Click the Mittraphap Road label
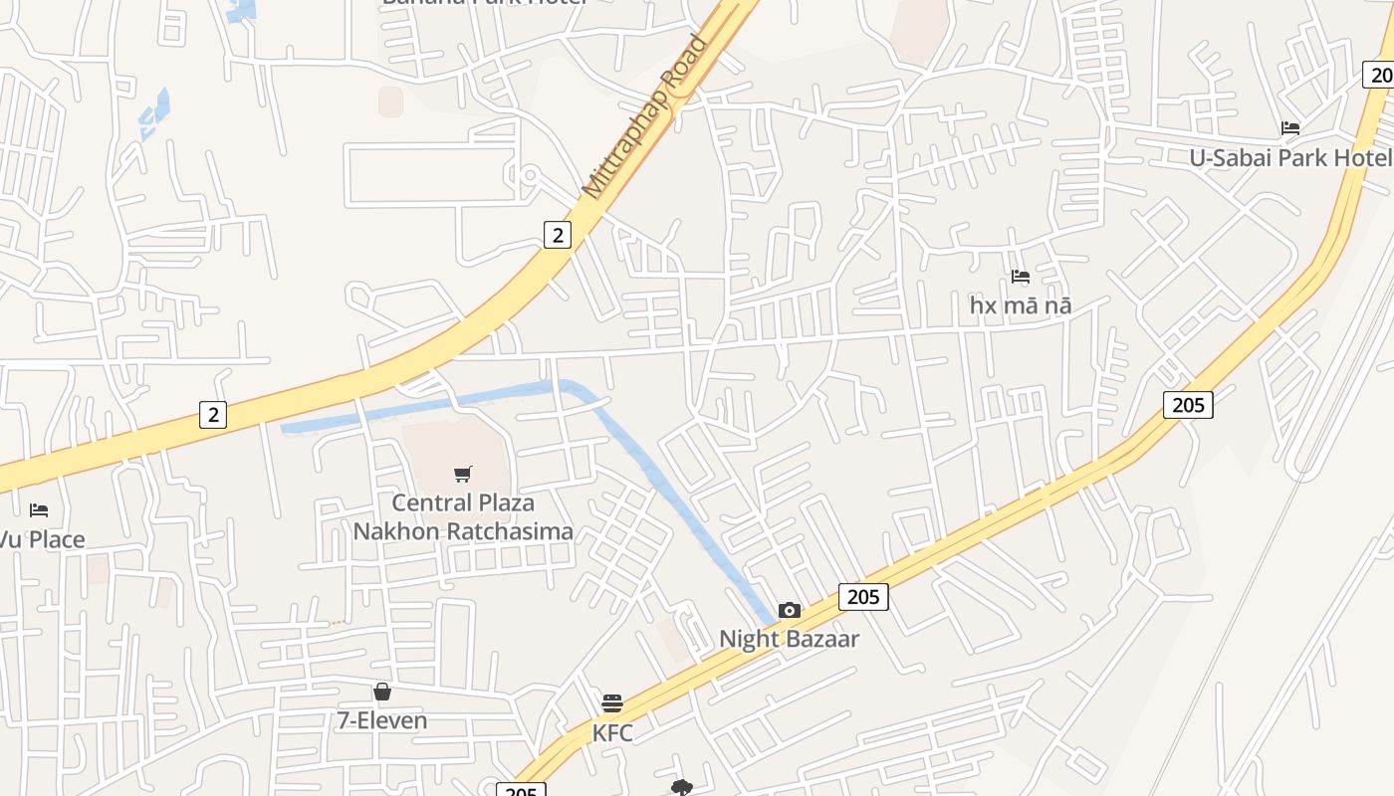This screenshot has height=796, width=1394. [645, 116]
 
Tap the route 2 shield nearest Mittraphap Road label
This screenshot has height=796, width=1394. [558, 235]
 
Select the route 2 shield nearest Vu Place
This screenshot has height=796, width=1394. [212, 414]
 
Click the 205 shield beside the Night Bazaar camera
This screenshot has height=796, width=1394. [863, 596]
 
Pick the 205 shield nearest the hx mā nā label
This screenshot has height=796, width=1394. [1188, 405]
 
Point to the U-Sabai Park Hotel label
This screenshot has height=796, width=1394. [1290, 158]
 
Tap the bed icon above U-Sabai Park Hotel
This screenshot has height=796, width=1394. [1290, 128]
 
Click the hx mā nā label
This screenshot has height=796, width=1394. [1021, 305]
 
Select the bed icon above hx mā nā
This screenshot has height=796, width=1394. [1021, 277]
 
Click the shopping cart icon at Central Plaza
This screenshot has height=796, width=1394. [462, 474]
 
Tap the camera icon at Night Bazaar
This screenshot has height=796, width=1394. [790, 610]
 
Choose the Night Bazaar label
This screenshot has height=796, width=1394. [790, 639]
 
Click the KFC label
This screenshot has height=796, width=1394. [612, 733]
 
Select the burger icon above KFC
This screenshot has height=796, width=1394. [612, 703]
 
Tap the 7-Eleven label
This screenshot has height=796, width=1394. [382, 720]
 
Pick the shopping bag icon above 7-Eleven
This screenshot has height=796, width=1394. [382, 692]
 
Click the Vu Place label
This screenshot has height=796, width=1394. [42, 540]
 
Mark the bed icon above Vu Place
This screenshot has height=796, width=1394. [39, 510]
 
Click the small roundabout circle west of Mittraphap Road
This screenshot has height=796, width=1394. [530, 176]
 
